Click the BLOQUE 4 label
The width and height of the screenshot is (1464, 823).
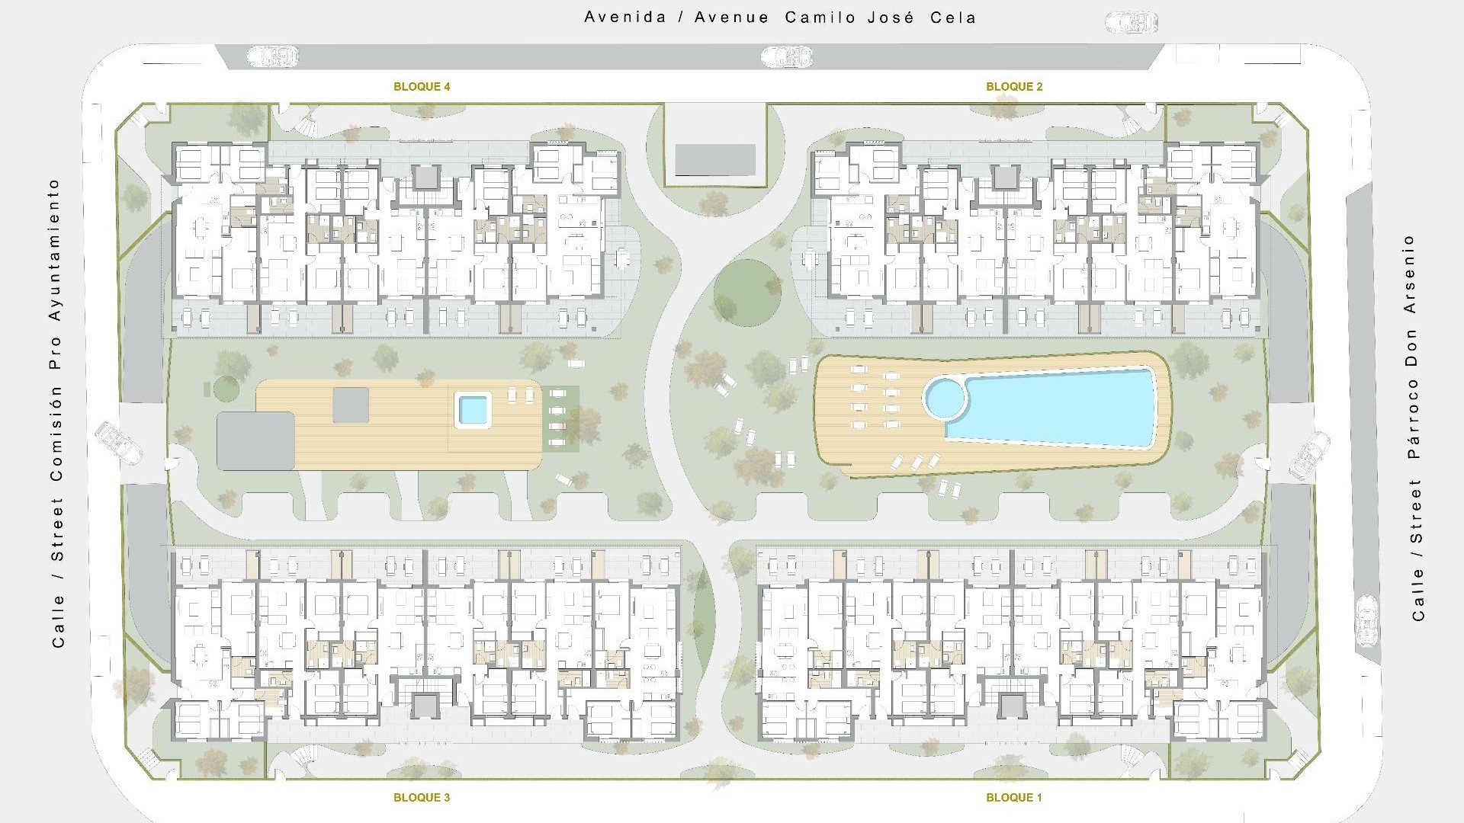tap(422, 87)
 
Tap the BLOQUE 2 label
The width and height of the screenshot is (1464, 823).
tap(1014, 87)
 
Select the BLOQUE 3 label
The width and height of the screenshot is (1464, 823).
tap(422, 798)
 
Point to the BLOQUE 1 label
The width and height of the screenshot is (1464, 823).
tap(1014, 798)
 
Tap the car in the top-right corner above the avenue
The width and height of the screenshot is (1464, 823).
tap(1132, 23)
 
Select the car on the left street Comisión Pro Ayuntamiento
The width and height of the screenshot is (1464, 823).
tap(119, 443)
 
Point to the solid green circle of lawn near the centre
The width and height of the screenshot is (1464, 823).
tap(747, 293)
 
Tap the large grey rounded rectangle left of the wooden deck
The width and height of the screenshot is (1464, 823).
tap(255, 441)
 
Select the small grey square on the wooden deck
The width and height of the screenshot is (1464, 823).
tap(351, 405)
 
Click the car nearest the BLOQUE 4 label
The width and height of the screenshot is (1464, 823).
tap(273, 56)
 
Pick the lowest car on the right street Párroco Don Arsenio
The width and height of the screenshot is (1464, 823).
tap(1367, 621)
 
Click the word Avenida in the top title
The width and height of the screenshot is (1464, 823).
tap(625, 18)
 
